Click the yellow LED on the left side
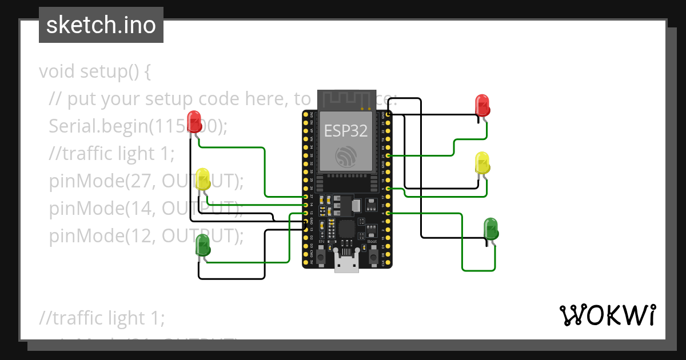click(203, 179)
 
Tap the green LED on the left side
click(203, 245)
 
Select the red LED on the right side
click(483, 106)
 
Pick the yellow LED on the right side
click(482, 163)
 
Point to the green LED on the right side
click(491, 229)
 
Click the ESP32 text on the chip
click(346, 130)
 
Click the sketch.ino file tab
click(101, 25)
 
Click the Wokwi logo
click(607, 315)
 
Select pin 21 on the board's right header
click(389, 155)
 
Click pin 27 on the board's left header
click(306, 197)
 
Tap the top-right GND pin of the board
click(389, 115)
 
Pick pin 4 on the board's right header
click(389, 213)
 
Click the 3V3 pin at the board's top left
click(306, 115)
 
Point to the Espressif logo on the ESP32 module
click(346, 156)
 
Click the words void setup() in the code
click(94, 72)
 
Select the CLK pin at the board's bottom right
click(389, 262)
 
